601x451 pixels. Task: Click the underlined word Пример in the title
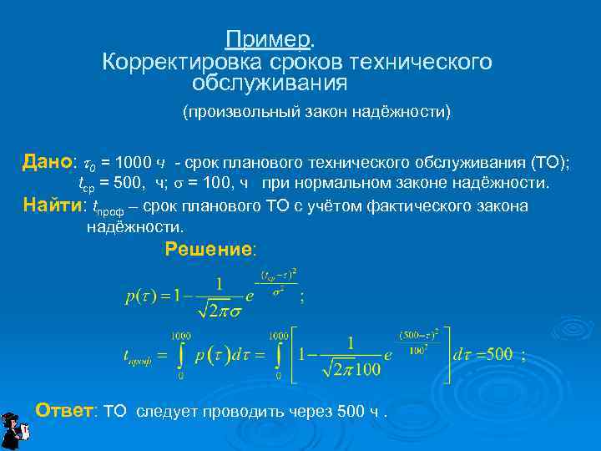pos(269,39)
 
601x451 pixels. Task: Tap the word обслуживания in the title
pos(269,84)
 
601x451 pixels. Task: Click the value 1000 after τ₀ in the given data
pos(136,162)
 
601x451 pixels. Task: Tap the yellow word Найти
pos(53,205)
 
